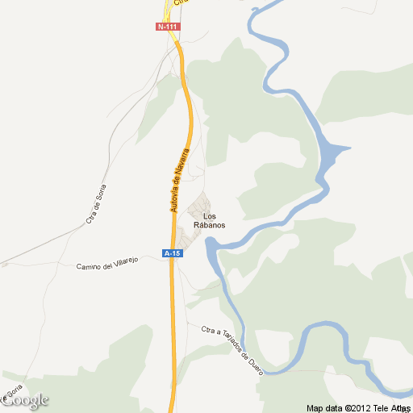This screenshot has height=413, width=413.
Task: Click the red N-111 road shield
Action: click(x=168, y=27)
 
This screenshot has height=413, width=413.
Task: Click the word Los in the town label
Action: click(x=210, y=216)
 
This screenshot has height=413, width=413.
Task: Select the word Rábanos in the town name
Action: click(x=210, y=225)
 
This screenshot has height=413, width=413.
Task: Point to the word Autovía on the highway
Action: click(x=174, y=195)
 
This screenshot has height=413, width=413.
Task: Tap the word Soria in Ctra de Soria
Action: click(x=101, y=197)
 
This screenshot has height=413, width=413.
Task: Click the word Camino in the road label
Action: click(x=90, y=266)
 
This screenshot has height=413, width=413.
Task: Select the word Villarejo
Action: click(x=126, y=261)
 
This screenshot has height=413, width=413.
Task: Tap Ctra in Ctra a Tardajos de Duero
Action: click(x=210, y=330)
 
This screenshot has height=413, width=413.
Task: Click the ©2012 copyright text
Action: click(x=357, y=407)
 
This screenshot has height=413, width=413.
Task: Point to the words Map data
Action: click(x=325, y=407)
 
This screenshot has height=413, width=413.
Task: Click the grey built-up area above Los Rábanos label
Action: click(x=200, y=206)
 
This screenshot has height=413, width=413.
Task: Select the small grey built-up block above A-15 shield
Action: click(x=183, y=237)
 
